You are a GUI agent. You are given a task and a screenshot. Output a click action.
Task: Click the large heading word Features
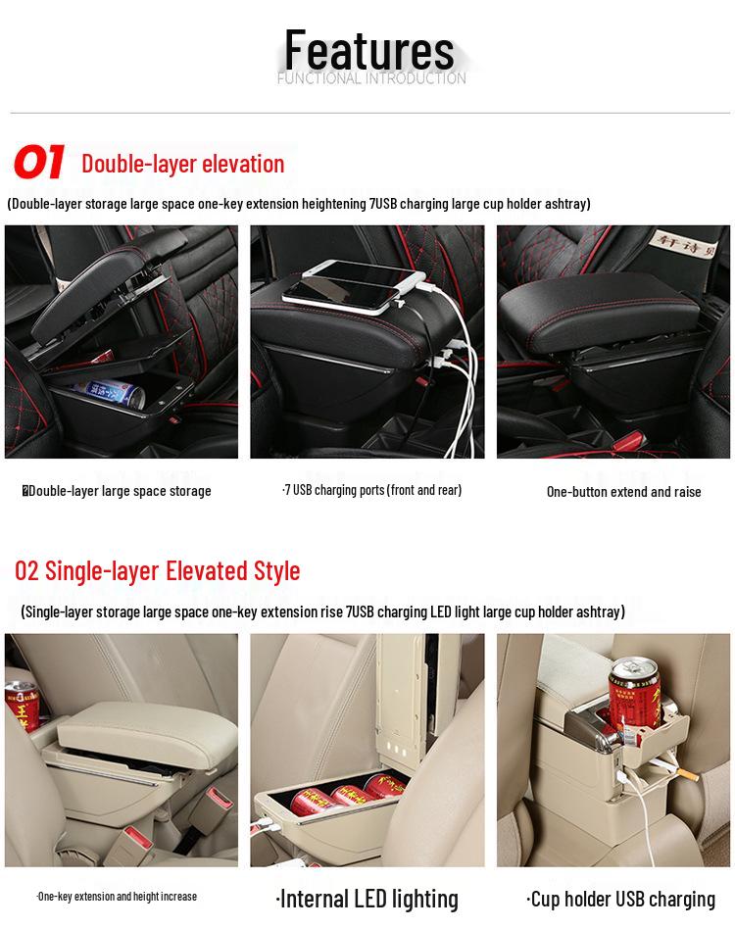369,49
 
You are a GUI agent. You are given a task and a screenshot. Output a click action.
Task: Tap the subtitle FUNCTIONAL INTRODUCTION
370,78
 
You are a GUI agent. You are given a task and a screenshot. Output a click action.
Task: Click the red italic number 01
39,163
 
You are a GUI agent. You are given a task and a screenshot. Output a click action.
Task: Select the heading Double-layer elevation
183,164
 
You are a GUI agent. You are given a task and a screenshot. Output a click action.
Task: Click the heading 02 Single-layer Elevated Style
158,570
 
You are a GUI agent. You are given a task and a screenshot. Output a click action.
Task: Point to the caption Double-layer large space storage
118,491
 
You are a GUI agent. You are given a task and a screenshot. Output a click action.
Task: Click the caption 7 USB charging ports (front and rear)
371,490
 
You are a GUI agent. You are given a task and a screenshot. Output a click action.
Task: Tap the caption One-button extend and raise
623,492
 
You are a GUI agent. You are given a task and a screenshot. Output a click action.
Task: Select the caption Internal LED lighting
367,899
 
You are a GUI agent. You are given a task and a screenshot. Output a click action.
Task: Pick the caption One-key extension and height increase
117,896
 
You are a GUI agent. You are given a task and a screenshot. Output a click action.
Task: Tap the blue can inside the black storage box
110,394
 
